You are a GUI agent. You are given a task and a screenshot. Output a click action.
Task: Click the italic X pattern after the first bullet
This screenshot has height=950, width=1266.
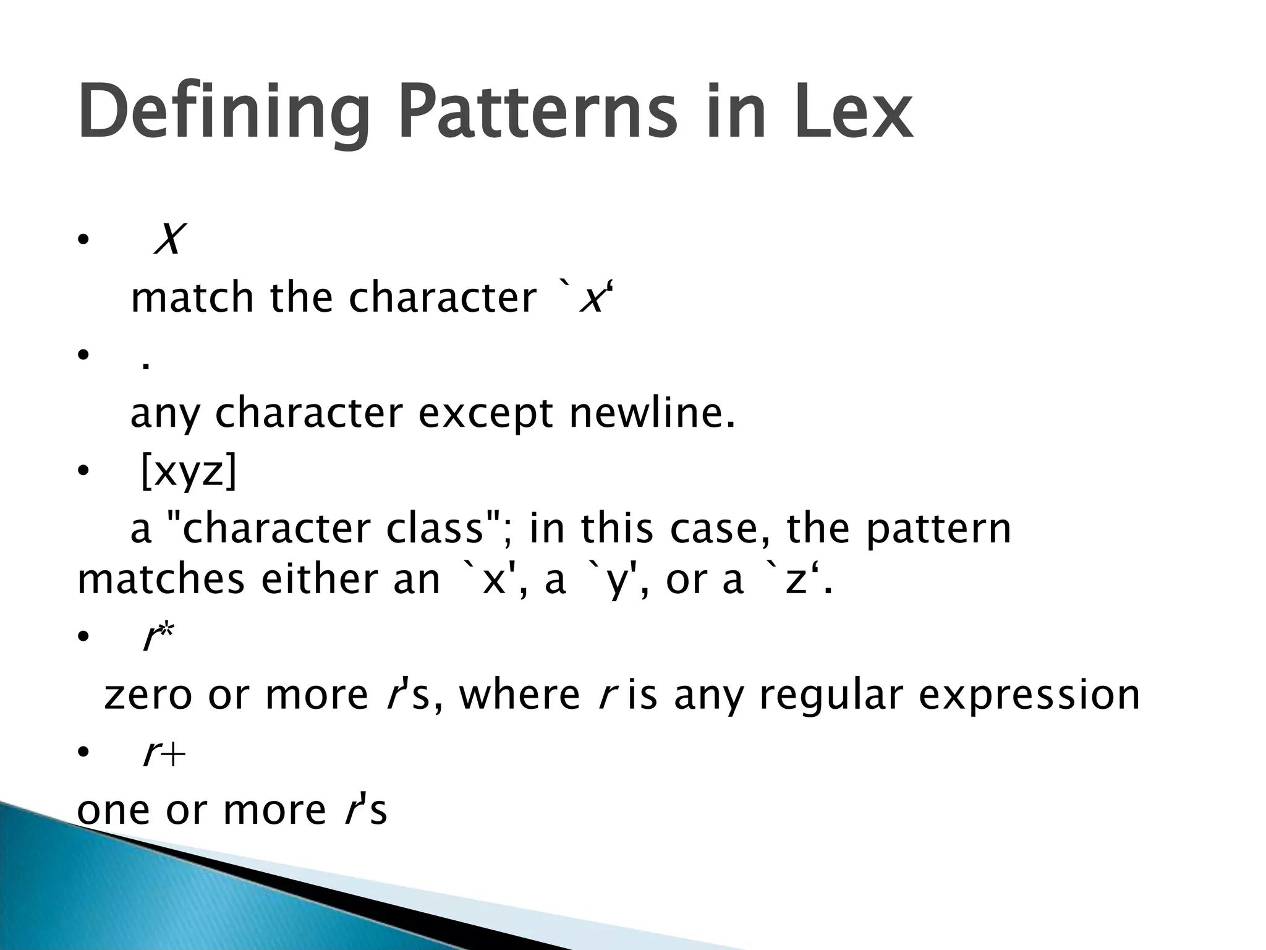point(169,239)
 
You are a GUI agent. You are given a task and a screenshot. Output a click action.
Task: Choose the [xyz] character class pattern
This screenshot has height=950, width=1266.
point(189,472)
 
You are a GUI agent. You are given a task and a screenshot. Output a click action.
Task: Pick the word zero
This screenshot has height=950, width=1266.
point(148,695)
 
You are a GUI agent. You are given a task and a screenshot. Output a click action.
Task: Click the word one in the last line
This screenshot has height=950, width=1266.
point(113,811)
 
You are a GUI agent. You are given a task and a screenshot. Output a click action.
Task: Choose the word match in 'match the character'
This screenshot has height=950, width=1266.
point(192,297)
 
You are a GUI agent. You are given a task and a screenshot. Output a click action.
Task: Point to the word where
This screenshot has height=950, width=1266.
point(519,695)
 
